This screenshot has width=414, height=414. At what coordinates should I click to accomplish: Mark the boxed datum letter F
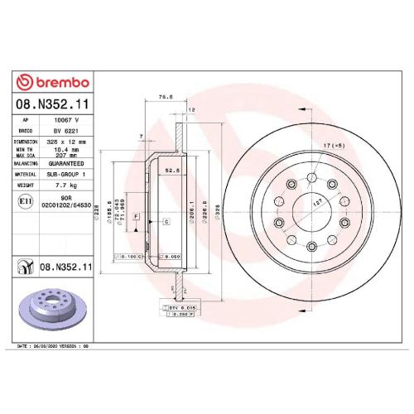point(135,216)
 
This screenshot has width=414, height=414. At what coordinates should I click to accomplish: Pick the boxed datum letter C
point(166,222)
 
